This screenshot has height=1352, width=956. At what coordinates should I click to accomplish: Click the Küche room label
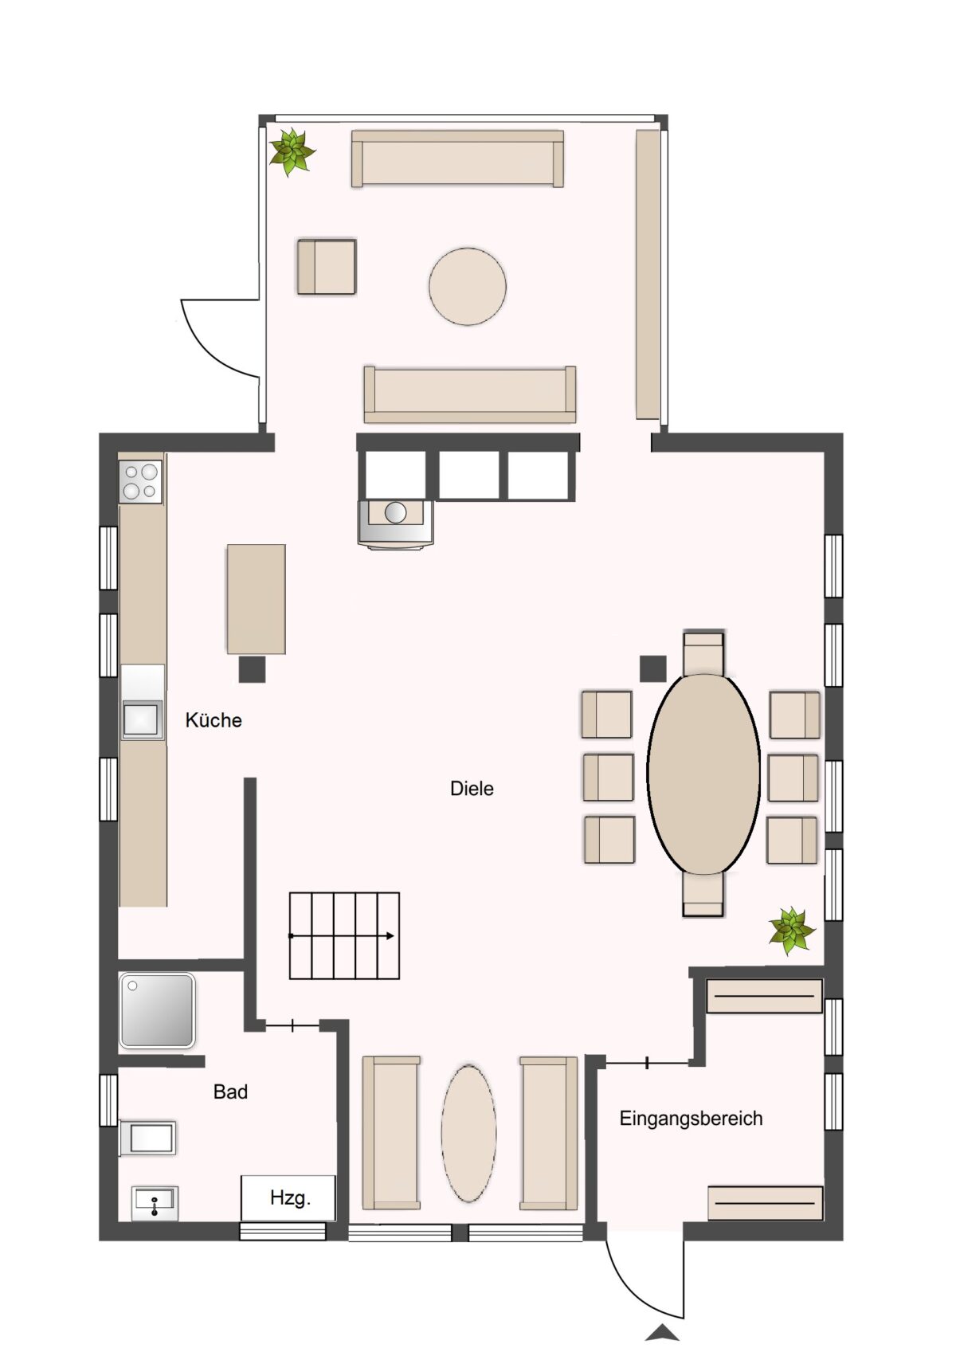pyautogui.click(x=213, y=720)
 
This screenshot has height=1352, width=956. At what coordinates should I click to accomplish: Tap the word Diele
pyautogui.click(x=472, y=788)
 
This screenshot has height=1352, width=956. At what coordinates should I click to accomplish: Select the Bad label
pyautogui.click(x=230, y=1091)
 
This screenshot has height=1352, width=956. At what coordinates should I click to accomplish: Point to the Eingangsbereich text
pyautogui.click(x=691, y=1119)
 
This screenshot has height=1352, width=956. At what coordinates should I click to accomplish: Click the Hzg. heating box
pyautogui.click(x=288, y=1198)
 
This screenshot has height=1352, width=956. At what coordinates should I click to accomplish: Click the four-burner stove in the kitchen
pyautogui.click(x=141, y=482)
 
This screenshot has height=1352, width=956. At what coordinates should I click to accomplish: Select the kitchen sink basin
pyautogui.click(x=141, y=719)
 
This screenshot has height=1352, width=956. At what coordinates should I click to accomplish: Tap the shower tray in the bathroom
pyautogui.click(x=157, y=1010)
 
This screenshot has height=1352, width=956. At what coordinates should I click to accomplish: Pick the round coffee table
pyautogui.click(x=468, y=286)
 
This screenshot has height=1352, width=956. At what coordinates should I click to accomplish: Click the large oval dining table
pyautogui.click(x=703, y=774)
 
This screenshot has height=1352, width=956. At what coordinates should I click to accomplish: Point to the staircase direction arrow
pyautogui.click(x=342, y=936)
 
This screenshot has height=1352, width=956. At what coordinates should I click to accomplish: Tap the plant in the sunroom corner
pyautogui.click(x=292, y=151)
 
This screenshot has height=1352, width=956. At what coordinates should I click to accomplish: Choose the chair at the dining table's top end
pyautogui.click(x=703, y=653)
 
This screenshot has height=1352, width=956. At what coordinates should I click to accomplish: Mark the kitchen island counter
pyautogui.click(x=256, y=599)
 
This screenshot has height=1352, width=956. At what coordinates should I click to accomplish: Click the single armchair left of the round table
pyautogui.click(x=326, y=267)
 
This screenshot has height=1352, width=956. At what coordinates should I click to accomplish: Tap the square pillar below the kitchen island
pyautogui.click(x=253, y=669)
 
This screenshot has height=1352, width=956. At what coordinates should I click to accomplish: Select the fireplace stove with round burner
pyautogui.click(x=395, y=523)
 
